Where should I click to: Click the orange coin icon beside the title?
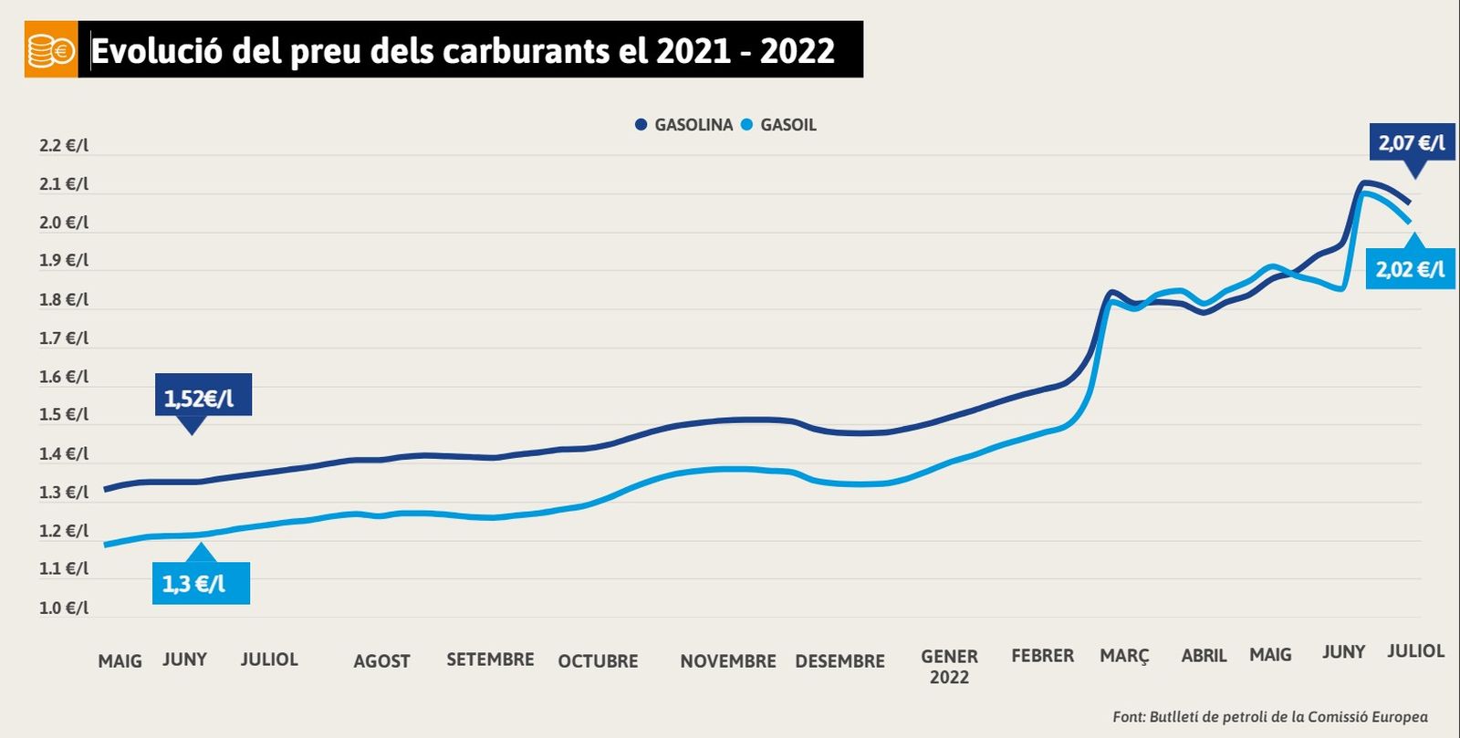(51, 50)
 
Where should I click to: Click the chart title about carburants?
(463, 51)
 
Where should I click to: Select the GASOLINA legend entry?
(684, 125)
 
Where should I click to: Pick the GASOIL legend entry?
(779, 125)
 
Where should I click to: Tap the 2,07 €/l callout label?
(1412, 143)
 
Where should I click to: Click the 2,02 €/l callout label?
(1410, 269)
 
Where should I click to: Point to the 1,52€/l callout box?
(200, 398)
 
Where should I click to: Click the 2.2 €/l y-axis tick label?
(64, 146)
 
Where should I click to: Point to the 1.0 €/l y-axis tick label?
(64, 608)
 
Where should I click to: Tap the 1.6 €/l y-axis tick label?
(64, 377)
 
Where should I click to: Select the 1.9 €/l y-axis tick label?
(64, 260)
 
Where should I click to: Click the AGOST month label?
(381, 660)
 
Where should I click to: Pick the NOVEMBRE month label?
(727, 660)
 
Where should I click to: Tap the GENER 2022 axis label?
(949, 666)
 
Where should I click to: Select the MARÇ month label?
(1124, 656)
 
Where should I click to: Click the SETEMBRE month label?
(490, 659)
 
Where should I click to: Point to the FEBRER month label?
(1042, 655)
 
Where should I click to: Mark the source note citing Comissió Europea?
(1269, 717)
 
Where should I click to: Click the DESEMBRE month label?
(839, 660)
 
